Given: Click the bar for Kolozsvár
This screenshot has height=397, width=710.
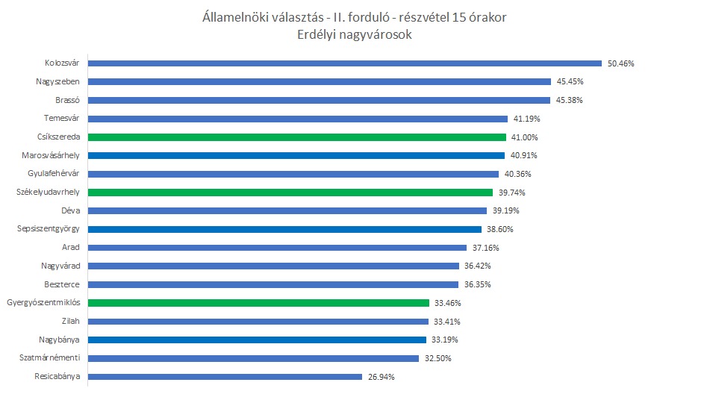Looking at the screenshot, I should (344, 63).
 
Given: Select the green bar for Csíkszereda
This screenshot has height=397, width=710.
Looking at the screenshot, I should (297, 137).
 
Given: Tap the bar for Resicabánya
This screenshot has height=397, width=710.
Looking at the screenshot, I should (225, 377).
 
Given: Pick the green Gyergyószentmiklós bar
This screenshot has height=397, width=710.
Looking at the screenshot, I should (258, 303).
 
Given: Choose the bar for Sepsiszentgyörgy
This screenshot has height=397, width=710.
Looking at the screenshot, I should (284, 229).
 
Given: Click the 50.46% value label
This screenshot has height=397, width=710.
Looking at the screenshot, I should (620, 64).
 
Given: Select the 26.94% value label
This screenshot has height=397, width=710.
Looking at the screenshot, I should (381, 377).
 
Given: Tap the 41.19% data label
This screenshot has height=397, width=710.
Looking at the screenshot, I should (526, 119).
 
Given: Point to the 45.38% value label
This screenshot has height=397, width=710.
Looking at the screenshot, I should (569, 101).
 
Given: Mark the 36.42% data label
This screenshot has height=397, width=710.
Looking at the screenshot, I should (477, 266).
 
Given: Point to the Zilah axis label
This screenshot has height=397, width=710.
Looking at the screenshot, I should (71, 322).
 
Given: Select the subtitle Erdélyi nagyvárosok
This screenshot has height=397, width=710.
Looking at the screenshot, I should (354, 34).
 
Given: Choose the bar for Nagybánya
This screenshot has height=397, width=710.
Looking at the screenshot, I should (257, 340).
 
